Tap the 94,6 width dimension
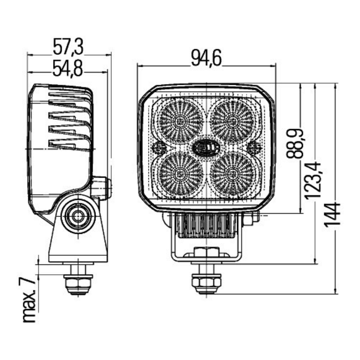(x=207, y=58)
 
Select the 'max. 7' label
(x=30, y=299)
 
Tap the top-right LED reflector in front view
(x=233, y=121)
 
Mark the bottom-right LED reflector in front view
(x=233, y=173)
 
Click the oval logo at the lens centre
(x=206, y=147)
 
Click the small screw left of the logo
(x=158, y=147)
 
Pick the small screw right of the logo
(x=254, y=147)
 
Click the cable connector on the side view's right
(x=101, y=187)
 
